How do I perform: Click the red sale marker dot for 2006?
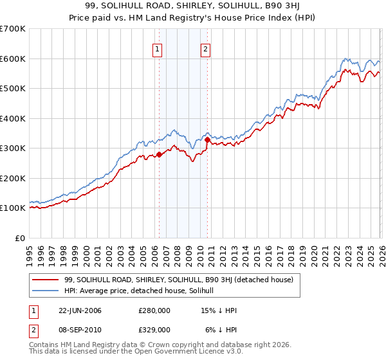(x=159, y=154)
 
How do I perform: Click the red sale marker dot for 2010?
(x=207, y=139)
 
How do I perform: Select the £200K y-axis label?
(x=12, y=178)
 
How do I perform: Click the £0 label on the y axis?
(x=19, y=238)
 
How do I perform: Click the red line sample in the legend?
(x=46, y=280)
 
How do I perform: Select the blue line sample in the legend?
(x=46, y=291)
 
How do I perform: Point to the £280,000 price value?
(x=154, y=310)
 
